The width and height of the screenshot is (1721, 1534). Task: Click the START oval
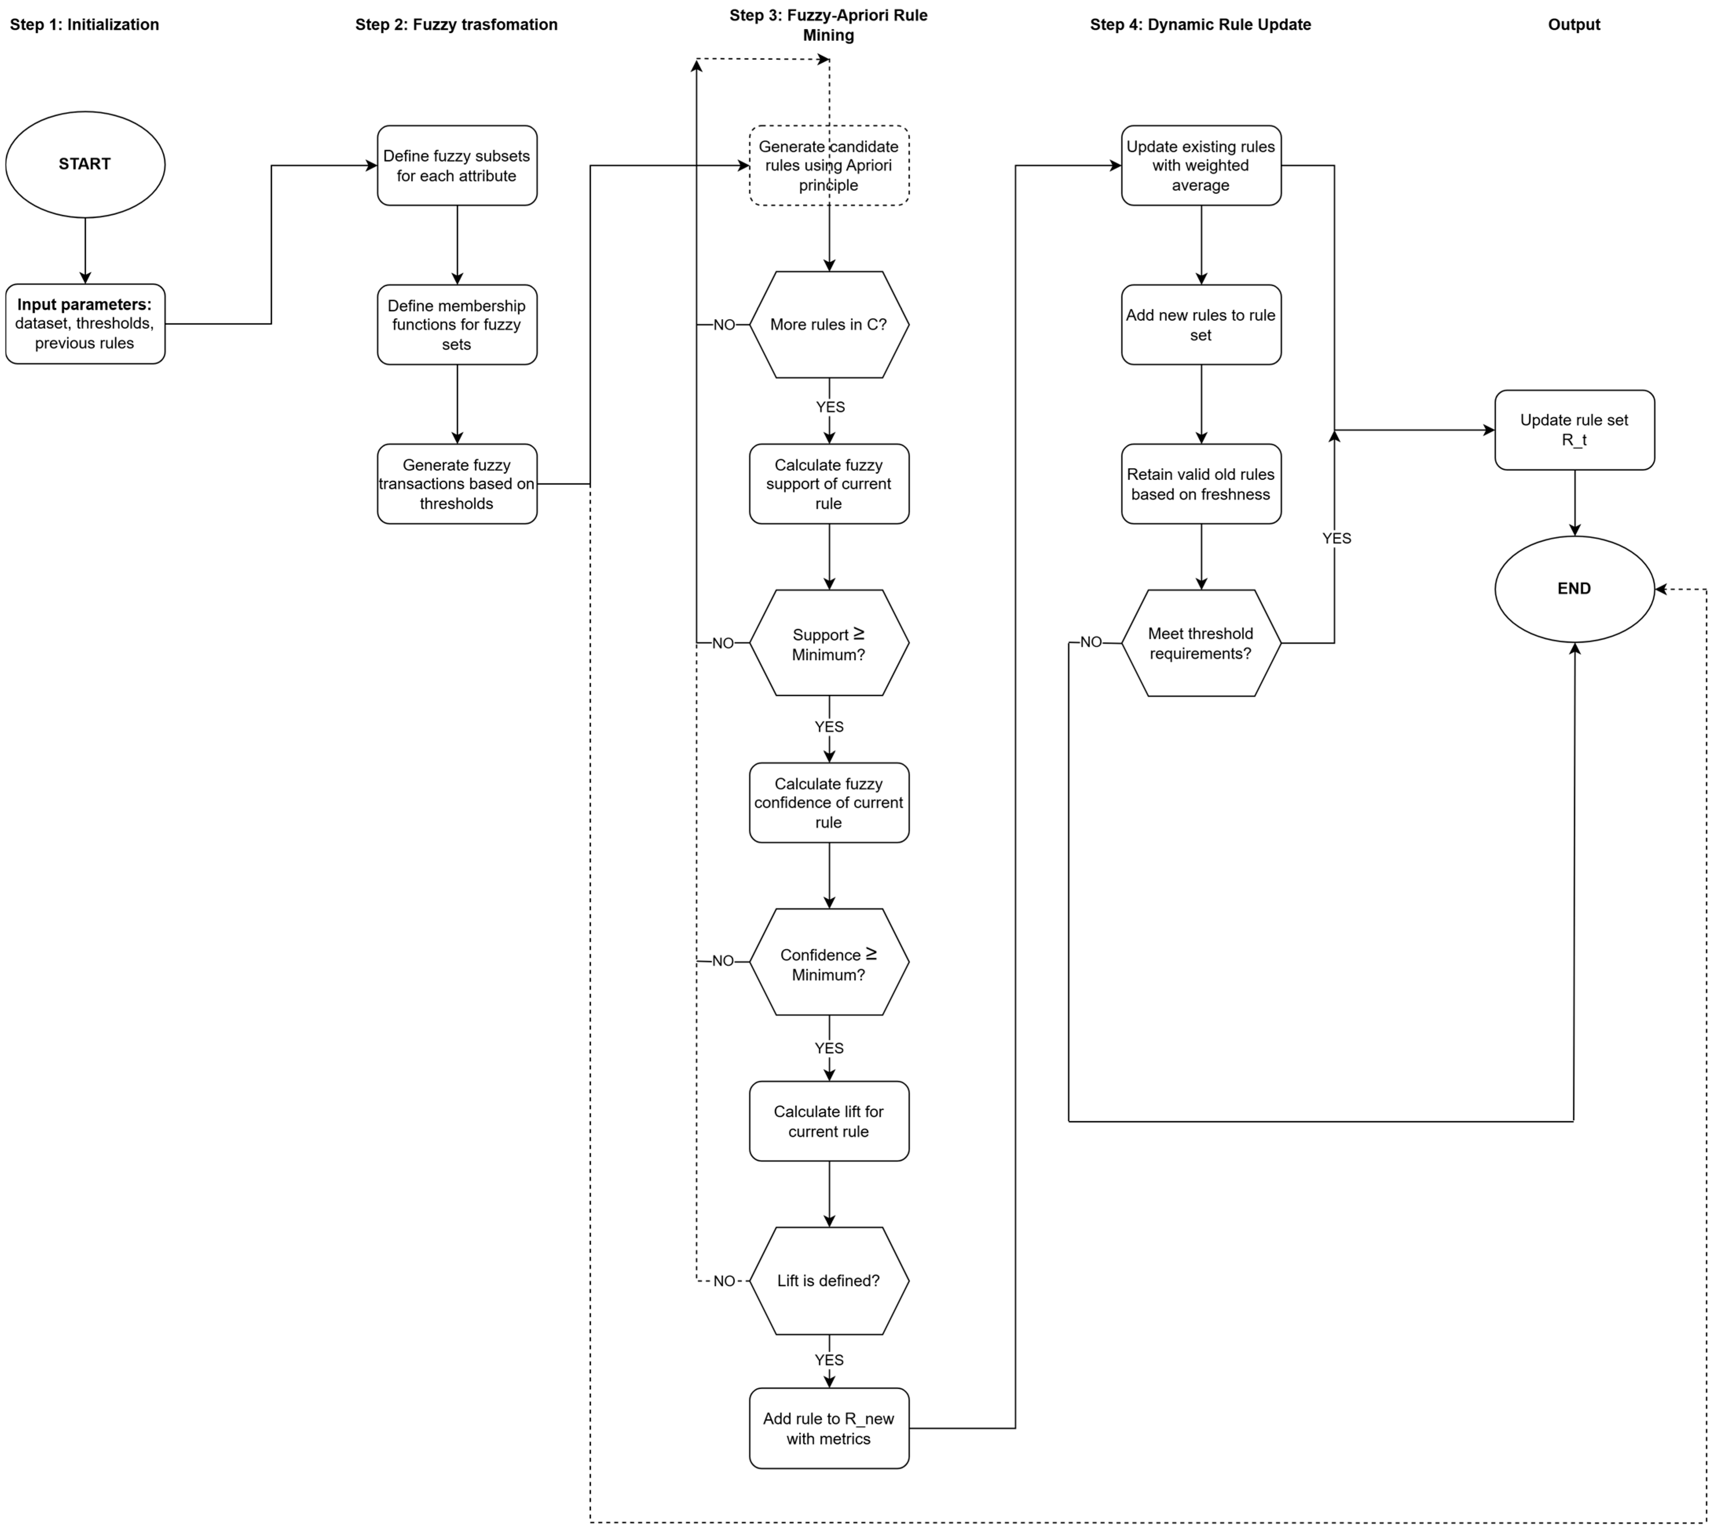(x=85, y=164)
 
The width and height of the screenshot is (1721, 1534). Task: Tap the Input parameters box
(x=85, y=324)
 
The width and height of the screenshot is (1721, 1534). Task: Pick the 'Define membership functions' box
(x=457, y=324)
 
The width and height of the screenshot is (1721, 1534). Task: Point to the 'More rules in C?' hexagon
(x=828, y=324)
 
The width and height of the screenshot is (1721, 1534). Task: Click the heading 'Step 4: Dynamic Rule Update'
(x=1200, y=24)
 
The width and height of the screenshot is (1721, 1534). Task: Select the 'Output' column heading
(x=1573, y=24)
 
